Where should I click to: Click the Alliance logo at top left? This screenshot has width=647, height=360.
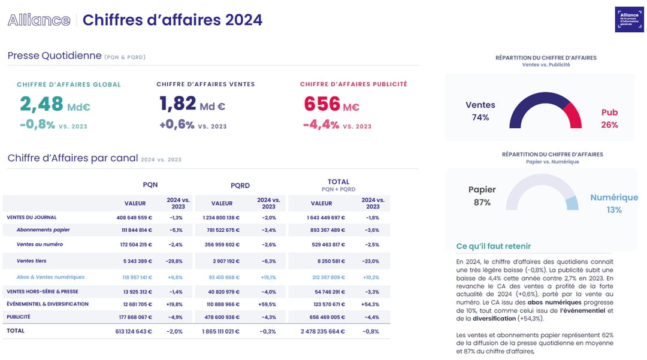(x=39, y=20)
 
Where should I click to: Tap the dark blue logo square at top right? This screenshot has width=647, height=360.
(x=630, y=20)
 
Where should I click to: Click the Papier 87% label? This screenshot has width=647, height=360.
(x=482, y=196)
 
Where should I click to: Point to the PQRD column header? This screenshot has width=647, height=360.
(x=240, y=185)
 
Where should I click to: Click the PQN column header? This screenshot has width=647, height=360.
(x=150, y=184)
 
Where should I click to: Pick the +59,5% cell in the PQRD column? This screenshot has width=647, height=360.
(x=268, y=304)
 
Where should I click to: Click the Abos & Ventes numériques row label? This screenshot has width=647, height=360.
(x=50, y=277)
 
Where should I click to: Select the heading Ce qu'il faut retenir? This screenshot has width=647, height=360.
(x=494, y=246)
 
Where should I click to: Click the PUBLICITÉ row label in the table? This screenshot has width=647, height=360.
(x=19, y=317)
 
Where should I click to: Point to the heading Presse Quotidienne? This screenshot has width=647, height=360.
(x=55, y=56)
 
